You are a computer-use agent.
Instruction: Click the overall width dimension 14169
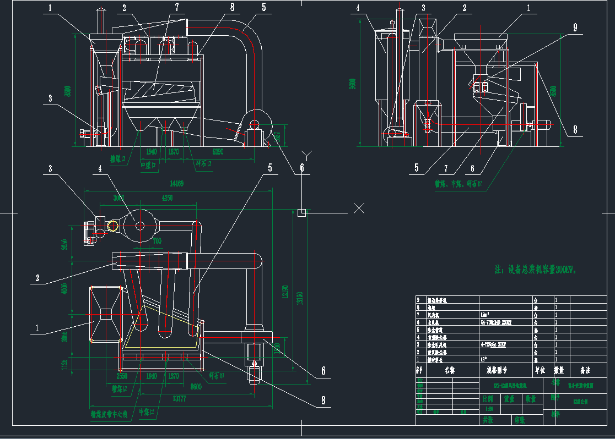[x=176, y=184]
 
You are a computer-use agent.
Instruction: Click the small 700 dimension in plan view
[x=157, y=241]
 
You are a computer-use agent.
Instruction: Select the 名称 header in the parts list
[x=450, y=370]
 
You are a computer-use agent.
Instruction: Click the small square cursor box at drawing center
[x=301, y=212]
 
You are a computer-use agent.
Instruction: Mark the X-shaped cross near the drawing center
[x=359, y=208]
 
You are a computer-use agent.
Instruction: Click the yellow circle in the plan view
[x=113, y=226]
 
